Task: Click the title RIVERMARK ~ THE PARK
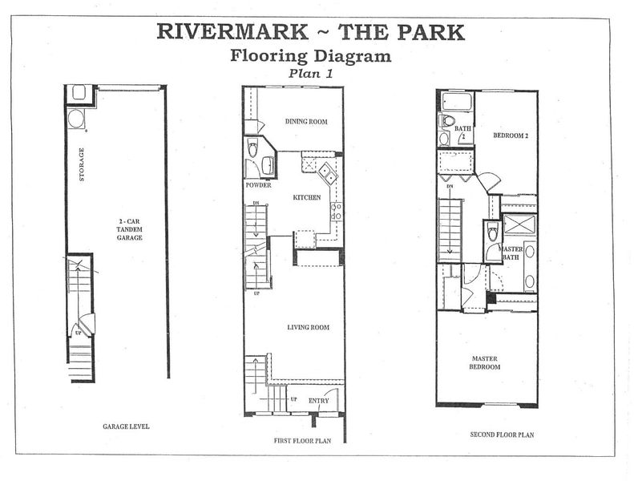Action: [x=310, y=32]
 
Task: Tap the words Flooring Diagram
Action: [x=311, y=56]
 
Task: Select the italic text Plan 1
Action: [x=310, y=74]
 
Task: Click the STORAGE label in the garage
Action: [x=82, y=164]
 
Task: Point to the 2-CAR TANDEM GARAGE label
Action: [x=129, y=229]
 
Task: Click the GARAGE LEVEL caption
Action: [x=126, y=426]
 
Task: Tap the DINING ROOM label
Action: [x=306, y=121]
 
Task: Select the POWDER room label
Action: [x=258, y=185]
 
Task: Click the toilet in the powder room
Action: [x=252, y=148]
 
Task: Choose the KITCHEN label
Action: [x=307, y=197]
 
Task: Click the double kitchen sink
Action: [x=328, y=172]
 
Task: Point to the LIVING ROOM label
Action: [x=308, y=327]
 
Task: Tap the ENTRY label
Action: [x=319, y=401]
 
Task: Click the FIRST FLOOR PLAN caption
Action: [x=302, y=441]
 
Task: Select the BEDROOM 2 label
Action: [x=511, y=135]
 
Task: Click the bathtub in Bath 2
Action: [x=457, y=101]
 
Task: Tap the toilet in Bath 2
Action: [x=447, y=120]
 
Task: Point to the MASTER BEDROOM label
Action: [x=485, y=363]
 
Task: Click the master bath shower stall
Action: [x=519, y=224]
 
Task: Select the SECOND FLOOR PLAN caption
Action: [x=502, y=435]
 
